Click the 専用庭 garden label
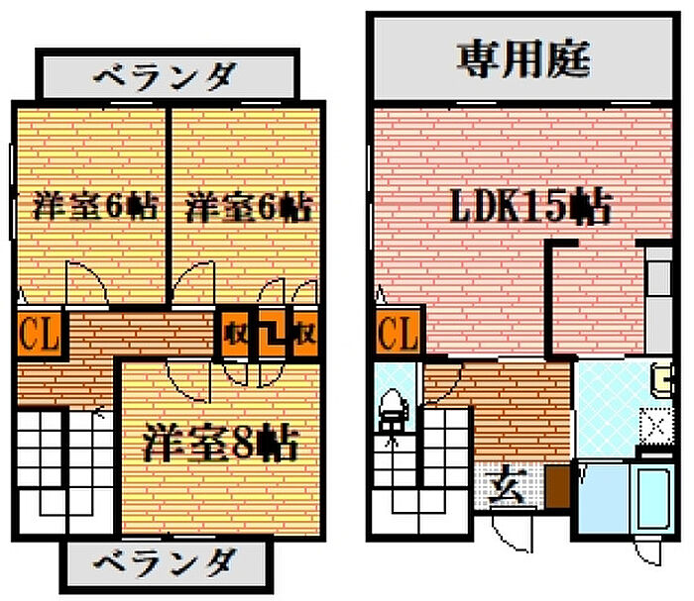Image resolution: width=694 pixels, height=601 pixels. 523,58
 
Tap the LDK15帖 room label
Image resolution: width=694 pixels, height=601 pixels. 531,206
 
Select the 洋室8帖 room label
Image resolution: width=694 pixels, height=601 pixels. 220,443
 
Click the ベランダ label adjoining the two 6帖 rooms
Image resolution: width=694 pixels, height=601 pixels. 166,76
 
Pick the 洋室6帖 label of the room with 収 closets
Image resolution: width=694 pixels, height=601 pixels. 249,206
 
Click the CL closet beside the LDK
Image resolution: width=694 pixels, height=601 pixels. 399,333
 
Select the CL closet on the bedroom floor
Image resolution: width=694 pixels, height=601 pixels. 40,334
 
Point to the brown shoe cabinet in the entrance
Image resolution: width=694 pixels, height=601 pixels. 557,486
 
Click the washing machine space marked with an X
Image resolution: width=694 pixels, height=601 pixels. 656,427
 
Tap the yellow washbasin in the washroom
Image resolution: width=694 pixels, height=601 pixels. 662,378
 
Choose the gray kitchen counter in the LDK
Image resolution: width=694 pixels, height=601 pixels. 659,301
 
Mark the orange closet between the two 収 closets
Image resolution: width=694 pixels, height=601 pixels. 272,334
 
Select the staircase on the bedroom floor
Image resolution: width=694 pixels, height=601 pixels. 64,471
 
